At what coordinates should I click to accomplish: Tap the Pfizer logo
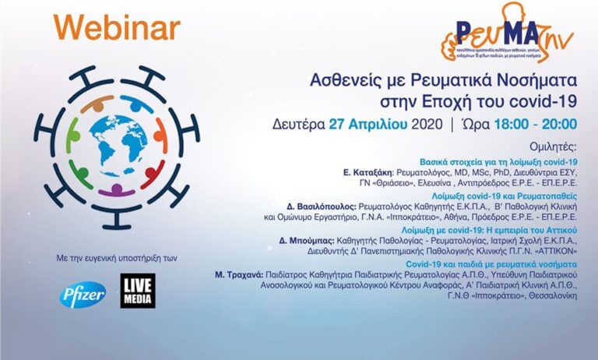[x=83, y=294]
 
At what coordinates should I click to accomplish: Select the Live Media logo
[x=138, y=291]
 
